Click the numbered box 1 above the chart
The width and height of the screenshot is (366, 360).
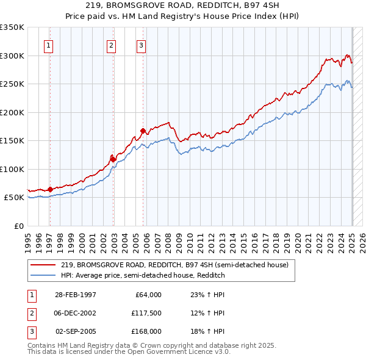pos(48,44)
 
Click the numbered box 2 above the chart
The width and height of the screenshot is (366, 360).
pos(111,44)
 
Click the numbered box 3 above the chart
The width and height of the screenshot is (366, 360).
pos(141,44)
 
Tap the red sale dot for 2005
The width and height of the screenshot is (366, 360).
pos(143,131)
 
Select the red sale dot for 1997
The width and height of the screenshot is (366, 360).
pos(50,189)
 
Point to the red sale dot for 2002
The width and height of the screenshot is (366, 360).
pos(113,159)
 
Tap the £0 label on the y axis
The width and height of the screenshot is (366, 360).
pos(18,226)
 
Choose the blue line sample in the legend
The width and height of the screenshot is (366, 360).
pos(43,275)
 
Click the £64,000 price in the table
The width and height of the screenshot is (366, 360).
pos(148,295)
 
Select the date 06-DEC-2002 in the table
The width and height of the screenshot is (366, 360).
pos(76,313)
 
